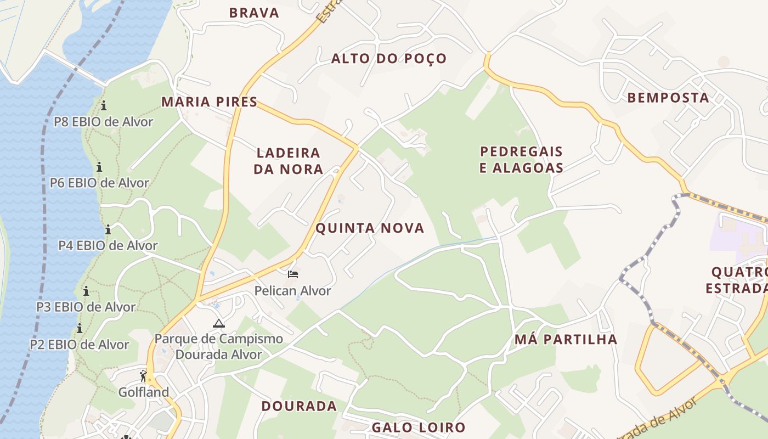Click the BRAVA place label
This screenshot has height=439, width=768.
[254, 13]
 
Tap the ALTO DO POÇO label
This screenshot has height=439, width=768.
[389, 58]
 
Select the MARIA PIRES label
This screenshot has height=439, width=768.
[209, 102]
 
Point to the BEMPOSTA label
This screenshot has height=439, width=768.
[668, 98]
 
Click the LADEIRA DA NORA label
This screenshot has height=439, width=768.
[289, 161]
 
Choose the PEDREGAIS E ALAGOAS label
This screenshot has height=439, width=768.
[521, 160]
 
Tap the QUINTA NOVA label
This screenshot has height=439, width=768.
[370, 228]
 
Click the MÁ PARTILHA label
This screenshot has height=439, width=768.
[566, 340]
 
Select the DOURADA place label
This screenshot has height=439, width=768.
[299, 406]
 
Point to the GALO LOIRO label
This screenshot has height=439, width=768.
[419, 427]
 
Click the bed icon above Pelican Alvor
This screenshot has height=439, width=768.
[293, 274]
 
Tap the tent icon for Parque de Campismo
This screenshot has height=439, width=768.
[219, 323]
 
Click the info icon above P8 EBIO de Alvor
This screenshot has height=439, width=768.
[104, 105]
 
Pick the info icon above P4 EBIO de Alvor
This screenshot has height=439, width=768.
[108, 229]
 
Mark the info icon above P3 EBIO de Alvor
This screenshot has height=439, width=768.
[86, 291]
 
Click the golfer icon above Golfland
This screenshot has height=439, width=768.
[143, 376]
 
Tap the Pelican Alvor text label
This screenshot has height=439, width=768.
[292, 290]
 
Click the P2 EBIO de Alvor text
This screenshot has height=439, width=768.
[80, 345]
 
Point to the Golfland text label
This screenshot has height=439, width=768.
[144, 392]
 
